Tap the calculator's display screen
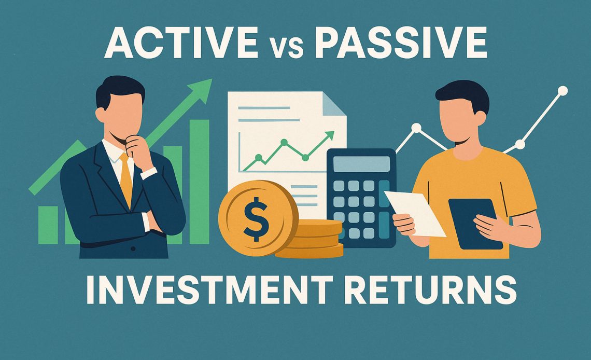tap(361, 164)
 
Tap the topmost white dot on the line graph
tap(562, 91)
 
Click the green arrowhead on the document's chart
tap(328, 136)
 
